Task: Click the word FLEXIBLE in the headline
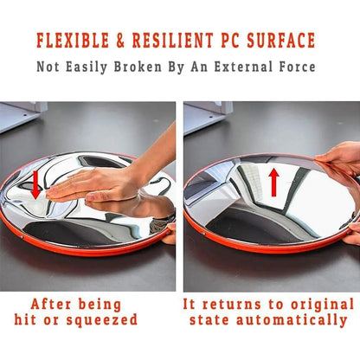(x=73, y=41)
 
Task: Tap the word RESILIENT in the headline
(x=173, y=41)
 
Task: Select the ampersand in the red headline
(x=120, y=41)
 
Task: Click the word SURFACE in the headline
(x=280, y=41)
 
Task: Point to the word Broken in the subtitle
(x=138, y=67)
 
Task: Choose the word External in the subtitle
(x=243, y=67)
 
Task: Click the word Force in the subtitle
(x=297, y=67)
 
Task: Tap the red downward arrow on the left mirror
(x=35, y=185)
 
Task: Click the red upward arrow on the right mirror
(x=273, y=183)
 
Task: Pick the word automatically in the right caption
(x=292, y=320)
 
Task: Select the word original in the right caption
(x=322, y=305)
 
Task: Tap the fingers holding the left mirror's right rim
(x=170, y=233)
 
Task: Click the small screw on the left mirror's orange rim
(x=22, y=237)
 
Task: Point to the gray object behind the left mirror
(x=20, y=116)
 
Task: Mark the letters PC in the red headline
(x=230, y=41)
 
